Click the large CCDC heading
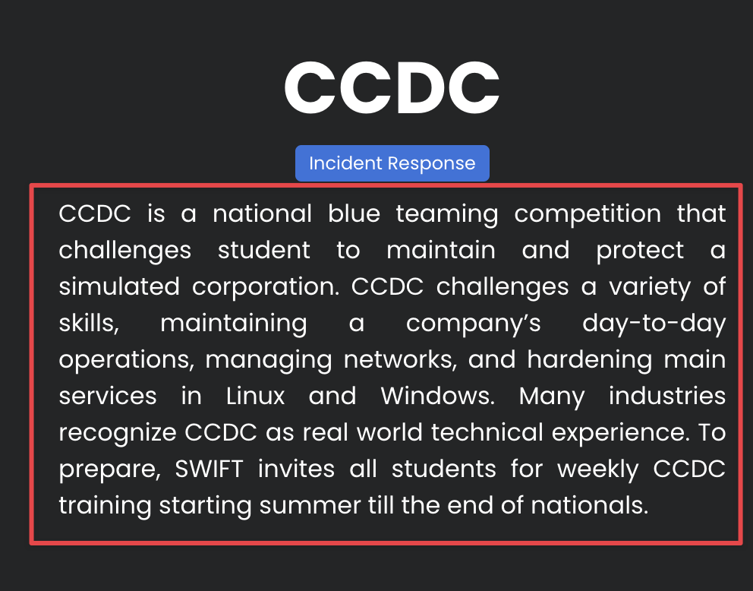click(392, 87)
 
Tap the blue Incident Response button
click(392, 163)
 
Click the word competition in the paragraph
click(588, 214)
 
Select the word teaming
click(447, 214)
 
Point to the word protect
click(640, 251)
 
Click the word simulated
click(119, 286)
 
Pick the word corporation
click(266, 287)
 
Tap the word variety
click(650, 287)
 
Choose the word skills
click(89, 324)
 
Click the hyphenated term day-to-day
click(654, 324)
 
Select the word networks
click(401, 360)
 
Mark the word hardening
click(590, 360)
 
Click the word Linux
click(256, 397)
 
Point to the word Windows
click(437, 397)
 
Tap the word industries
click(667, 397)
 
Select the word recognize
click(118, 434)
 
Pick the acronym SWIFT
click(209, 469)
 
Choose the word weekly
click(598, 470)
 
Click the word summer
click(310, 506)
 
